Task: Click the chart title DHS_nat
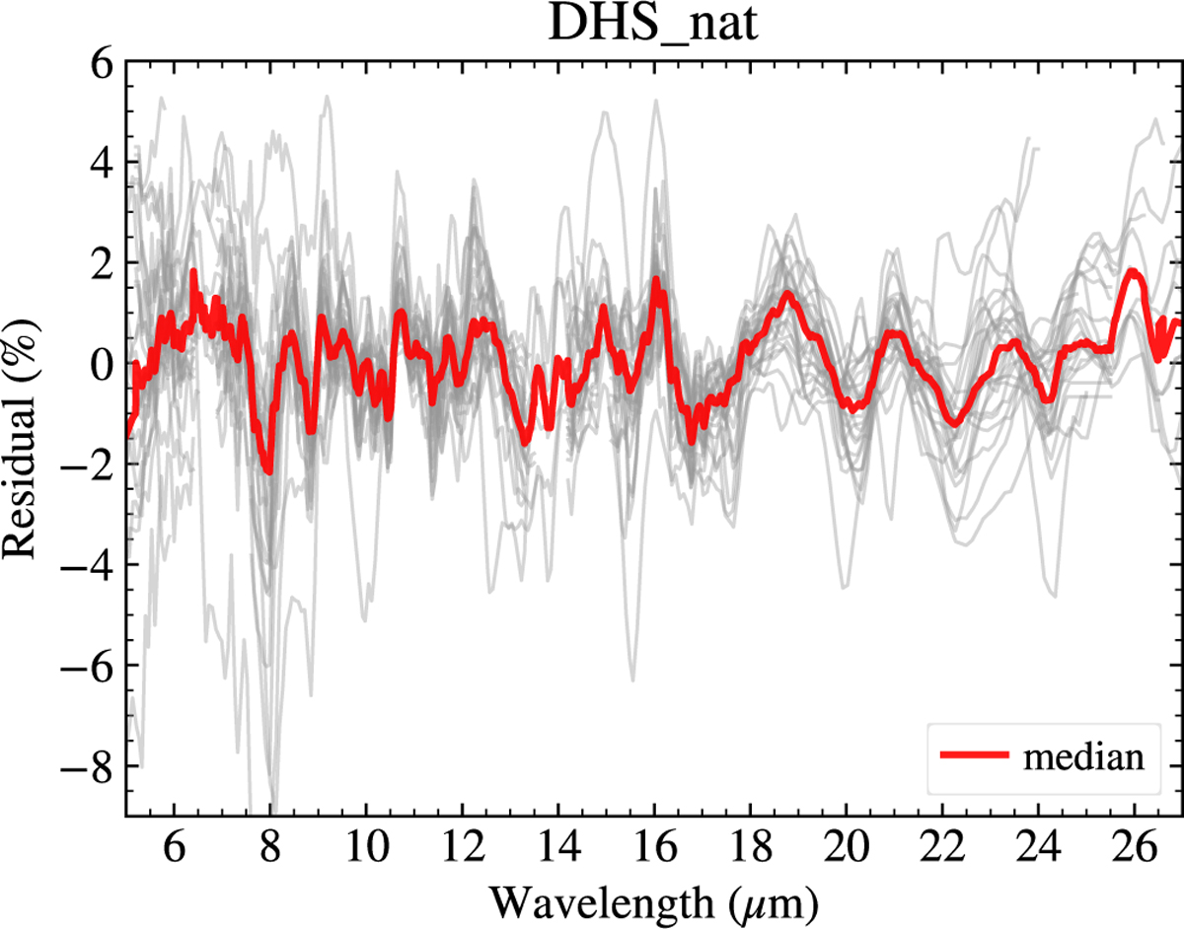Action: click(653, 25)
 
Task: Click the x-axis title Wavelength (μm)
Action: click(654, 902)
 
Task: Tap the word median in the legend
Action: click(1083, 757)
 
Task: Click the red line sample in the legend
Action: click(974, 754)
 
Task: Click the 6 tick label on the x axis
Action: click(174, 848)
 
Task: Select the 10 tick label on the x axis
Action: click(366, 848)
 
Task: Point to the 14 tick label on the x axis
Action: click(558, 848)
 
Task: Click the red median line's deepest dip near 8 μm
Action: click(269, 471)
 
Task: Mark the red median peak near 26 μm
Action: click(1134, 272)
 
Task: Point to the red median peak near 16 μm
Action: click(656, 280)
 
